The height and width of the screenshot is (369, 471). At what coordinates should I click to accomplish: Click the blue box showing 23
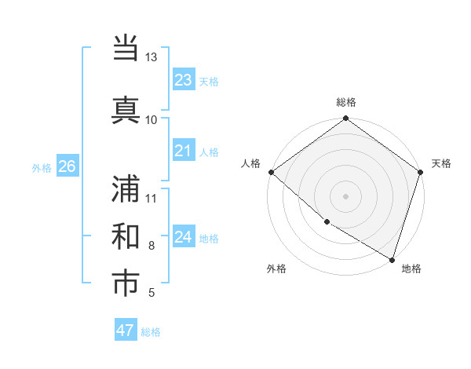tap(183, 80)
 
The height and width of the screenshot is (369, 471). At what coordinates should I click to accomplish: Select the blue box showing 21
tap(183, 151)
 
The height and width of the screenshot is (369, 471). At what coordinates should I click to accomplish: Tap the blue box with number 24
tap(183, 237)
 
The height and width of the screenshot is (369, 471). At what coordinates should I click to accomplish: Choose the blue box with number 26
tap(67, 166)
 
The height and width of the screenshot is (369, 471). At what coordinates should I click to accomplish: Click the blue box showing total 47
tap(126, 330)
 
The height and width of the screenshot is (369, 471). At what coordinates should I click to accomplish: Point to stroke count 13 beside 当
tap(151, 57)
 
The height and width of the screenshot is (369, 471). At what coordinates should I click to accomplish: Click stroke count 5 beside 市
tap(151, 294)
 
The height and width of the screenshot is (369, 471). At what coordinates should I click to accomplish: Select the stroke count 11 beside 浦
tap(151, 197)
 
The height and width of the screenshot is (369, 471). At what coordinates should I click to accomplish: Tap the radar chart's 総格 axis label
tap(346, 102)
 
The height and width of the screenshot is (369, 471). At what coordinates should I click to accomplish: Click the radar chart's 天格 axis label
tap(441, 163)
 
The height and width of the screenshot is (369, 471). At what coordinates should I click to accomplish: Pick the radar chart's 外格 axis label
tap(276, 269)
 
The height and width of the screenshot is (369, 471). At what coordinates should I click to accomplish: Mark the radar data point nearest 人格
tap(271, 172)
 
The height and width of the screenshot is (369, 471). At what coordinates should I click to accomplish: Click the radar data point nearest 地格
tap(392, 258)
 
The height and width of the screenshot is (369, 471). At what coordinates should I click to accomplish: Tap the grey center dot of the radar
tap(345, 196)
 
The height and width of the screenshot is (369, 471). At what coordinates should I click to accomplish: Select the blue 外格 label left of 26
tap(42, 167)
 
